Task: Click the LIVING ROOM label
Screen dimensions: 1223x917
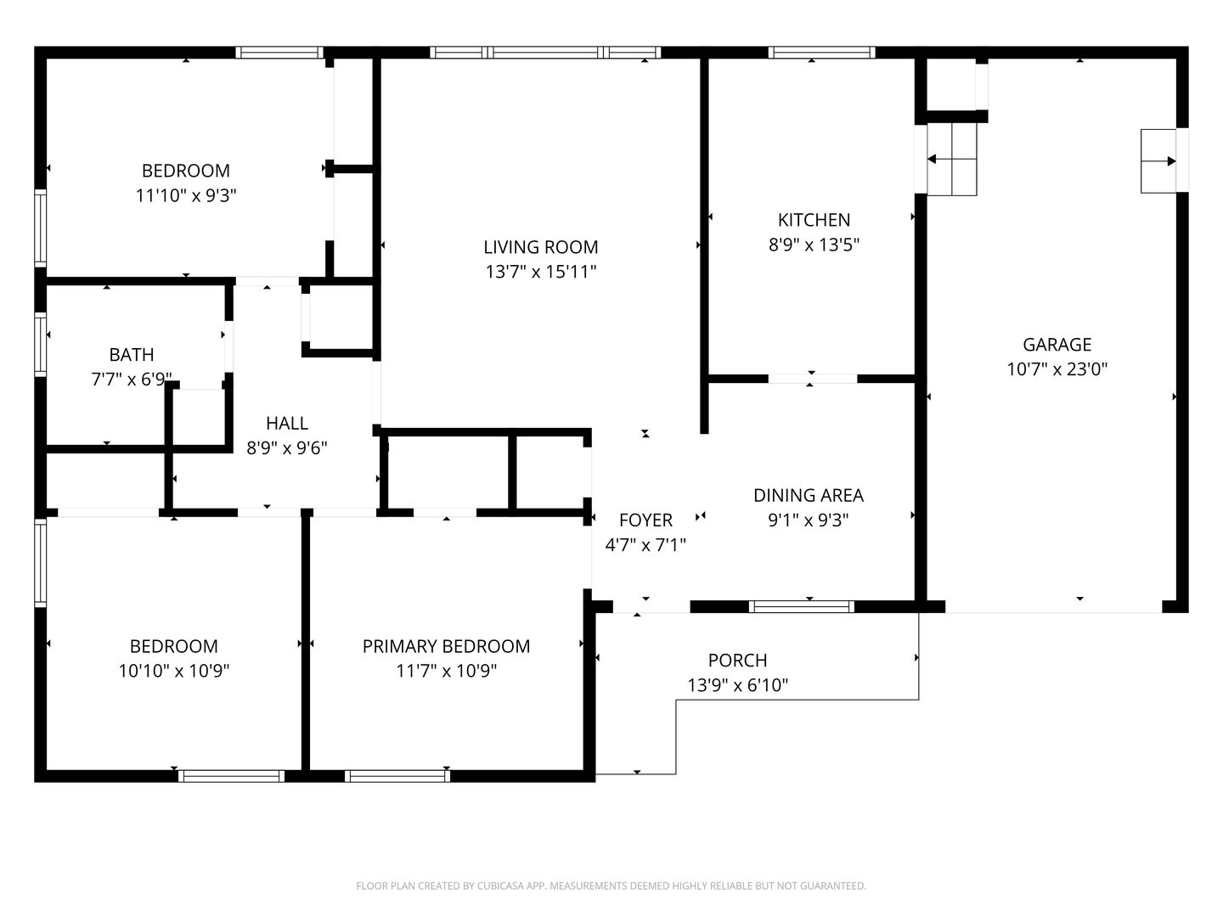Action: (540, 246)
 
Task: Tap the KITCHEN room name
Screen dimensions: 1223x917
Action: (814, 220)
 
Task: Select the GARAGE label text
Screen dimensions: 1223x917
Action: (1057, 345)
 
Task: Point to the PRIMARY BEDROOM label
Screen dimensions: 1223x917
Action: (446, 646)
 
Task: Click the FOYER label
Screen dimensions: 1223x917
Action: (645, 520)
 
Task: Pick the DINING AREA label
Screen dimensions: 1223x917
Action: (808, 495)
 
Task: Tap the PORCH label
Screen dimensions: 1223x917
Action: (737, 660)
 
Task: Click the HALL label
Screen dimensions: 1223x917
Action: (287, 423)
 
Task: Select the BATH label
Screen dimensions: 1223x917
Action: (132, 354)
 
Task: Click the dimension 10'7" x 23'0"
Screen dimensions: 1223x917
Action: (1057, 369)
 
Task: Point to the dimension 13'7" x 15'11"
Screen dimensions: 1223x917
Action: (540, 272)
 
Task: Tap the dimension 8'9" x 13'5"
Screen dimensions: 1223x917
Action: (814, 245)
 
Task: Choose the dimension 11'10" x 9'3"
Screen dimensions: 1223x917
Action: (185, 195)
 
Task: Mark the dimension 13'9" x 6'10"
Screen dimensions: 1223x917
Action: (737, 685)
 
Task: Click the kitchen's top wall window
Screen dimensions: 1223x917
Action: (821, 53)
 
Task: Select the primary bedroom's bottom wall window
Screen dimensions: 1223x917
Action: (397, 775)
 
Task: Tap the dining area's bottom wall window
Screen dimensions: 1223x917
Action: (801, 606)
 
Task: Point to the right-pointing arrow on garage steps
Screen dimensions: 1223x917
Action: (1158, 161)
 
